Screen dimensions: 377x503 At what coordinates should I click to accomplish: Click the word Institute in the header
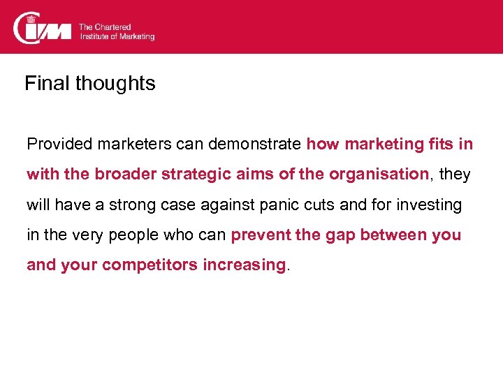pos(94,36)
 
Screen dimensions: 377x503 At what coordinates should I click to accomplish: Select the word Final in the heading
pos(48,84)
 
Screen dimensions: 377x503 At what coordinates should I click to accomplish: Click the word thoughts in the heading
pos(115,84)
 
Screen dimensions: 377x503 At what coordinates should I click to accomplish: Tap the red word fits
pos(439,145)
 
